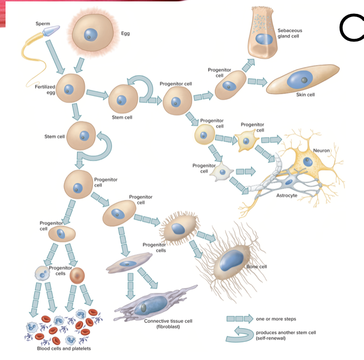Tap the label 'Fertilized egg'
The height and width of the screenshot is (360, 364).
(x=45, y=90)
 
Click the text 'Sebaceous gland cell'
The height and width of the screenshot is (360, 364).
(x=290, y=33)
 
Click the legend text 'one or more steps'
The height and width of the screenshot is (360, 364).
(x=276, y=318)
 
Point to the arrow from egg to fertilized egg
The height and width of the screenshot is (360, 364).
(x=79, y=65)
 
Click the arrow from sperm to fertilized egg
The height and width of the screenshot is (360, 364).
(x=58, y=59)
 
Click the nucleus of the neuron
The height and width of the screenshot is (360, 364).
(x=308, y=162)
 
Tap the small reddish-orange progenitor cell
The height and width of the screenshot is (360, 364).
(x=77, y=276)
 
